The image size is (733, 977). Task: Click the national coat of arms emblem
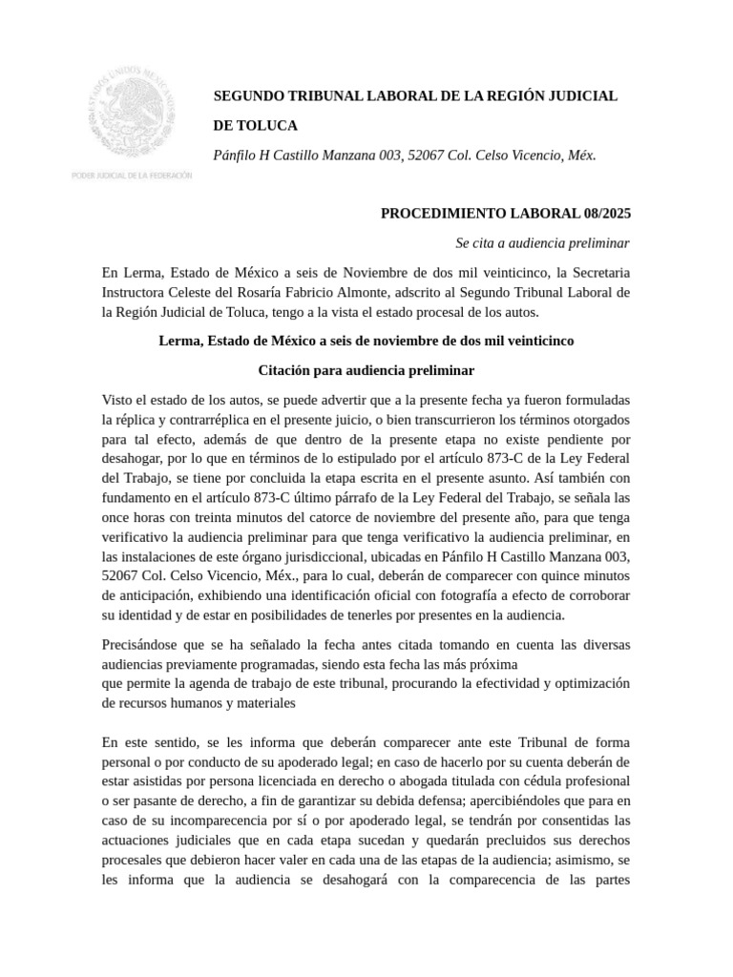(132, 113)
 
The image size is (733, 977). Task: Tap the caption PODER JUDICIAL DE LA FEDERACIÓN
(132, 176)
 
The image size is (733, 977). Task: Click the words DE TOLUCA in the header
(255, 125)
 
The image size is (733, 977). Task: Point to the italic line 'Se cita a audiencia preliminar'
(542, 242)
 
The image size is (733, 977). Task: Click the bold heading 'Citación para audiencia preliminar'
(366, 370)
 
